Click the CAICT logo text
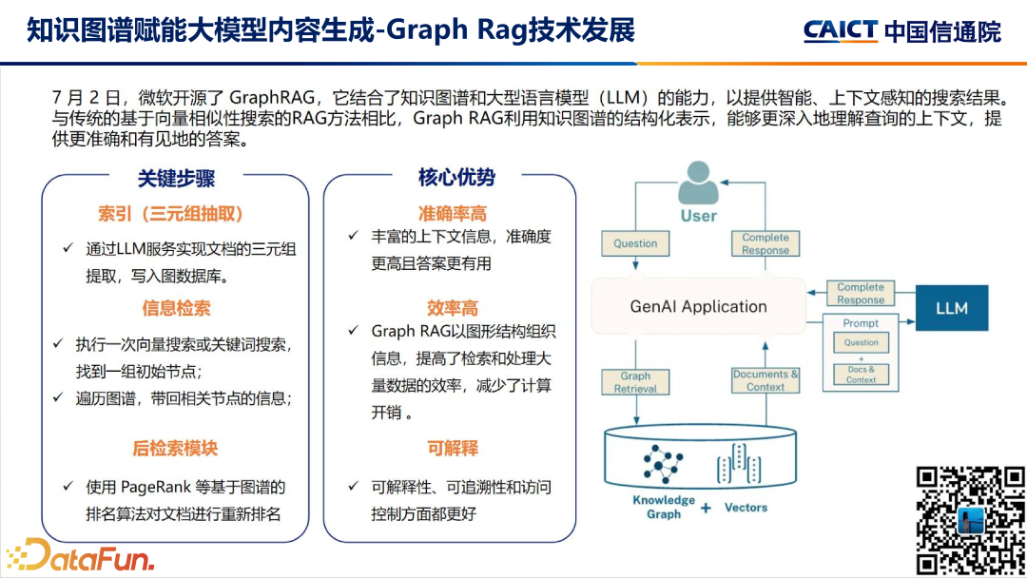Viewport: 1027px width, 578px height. coord(840,30)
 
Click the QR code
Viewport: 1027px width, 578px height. coord(970,519)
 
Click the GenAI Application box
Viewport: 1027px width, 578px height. coord(698,307)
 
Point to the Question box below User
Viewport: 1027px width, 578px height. coord(635,243)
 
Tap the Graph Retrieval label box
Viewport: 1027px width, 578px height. coord(635,382)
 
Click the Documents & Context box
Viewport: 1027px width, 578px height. coord(765,380)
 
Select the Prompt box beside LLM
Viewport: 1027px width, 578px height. coord(861,352)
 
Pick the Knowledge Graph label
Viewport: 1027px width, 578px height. coord(664,507)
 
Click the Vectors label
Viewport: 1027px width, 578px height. coord(746,508)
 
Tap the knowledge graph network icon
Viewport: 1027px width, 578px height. coord(663,464)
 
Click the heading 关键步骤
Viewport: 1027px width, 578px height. coord(176,178)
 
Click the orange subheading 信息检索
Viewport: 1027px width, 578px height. coord(176,308)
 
